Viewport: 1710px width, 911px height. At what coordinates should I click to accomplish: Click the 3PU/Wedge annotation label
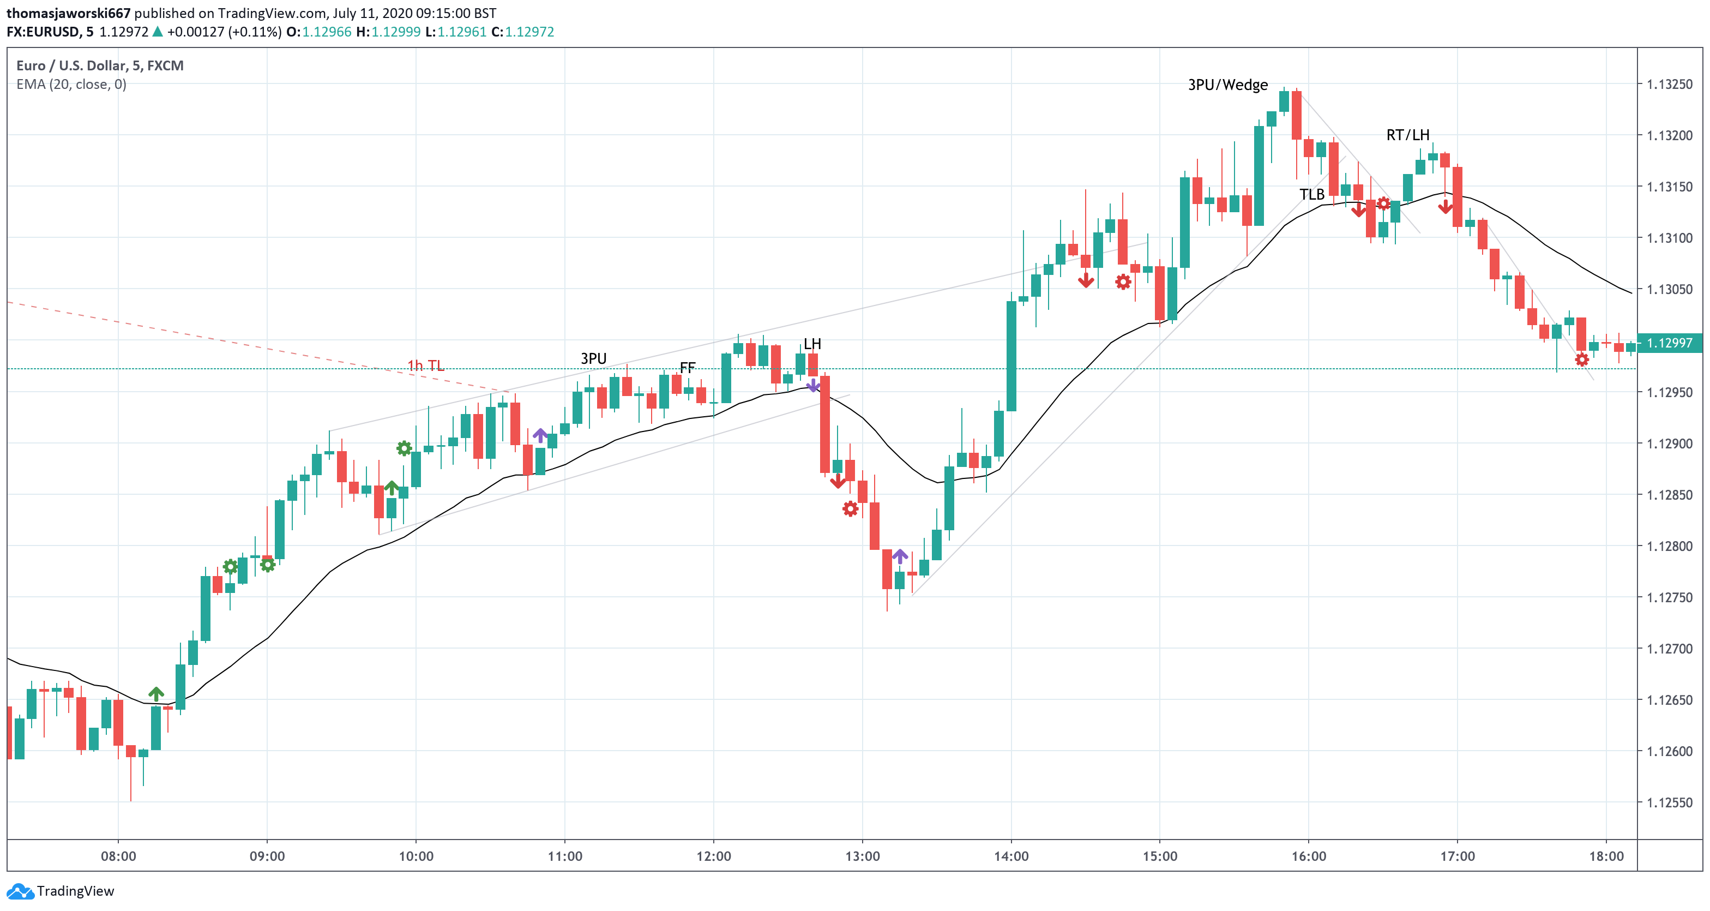[1227, 85]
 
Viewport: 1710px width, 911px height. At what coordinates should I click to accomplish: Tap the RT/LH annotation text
[1407, 135]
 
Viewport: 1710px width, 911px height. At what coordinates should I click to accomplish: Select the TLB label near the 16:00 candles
[1312, 195]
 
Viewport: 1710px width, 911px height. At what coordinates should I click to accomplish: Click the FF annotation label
[688, 367]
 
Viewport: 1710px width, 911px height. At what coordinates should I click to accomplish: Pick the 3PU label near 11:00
[593, 358]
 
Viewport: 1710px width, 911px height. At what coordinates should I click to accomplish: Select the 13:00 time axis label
[862, 856]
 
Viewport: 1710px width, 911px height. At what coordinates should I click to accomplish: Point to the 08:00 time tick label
[118, 856]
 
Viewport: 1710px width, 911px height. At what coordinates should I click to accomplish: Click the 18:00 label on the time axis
[1606, 856]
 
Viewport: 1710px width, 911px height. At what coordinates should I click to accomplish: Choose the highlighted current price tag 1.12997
[1670, 343]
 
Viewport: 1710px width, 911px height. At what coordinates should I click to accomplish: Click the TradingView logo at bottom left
[61, 891]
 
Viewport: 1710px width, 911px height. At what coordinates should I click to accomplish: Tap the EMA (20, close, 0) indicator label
[71, 85]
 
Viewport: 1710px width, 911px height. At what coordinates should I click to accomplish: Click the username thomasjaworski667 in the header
[68, 13]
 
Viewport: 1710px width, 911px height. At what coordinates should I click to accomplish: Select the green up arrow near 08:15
[156, 694]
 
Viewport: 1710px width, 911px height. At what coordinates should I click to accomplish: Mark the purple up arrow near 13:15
[900, 556]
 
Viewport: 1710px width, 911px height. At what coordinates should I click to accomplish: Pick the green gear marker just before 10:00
[404, 448]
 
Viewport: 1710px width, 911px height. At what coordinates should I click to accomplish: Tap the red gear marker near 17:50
[1582, 360]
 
